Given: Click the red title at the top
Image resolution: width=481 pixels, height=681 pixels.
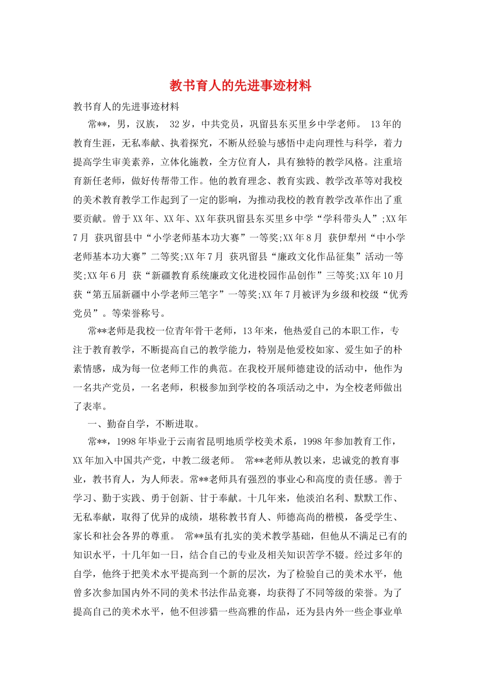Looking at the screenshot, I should (240, 86).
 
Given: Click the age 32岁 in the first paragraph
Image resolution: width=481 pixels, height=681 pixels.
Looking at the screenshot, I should (180, 124).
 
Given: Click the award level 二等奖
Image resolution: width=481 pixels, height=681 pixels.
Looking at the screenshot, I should (161, 257).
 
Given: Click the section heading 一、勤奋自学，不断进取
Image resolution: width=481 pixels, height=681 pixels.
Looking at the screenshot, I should (145, 424).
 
